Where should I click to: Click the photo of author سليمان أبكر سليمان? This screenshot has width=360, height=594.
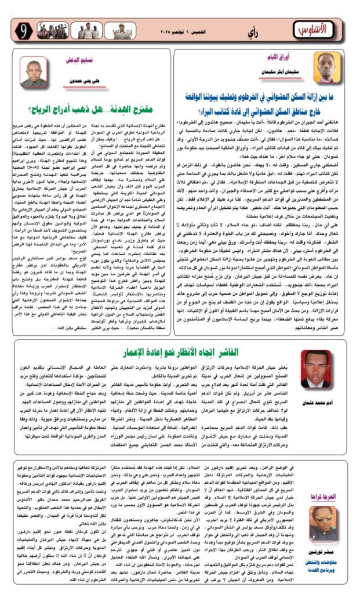[329, 67]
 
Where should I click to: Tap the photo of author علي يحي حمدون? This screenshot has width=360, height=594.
[34, 72]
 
